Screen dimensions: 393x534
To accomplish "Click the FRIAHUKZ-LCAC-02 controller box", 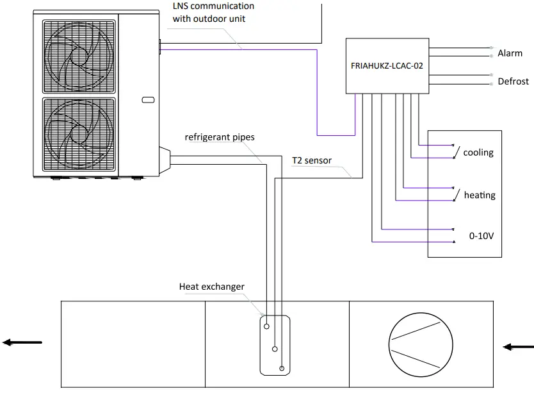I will coord(387,65).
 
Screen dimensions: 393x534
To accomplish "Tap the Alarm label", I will coord(510,54).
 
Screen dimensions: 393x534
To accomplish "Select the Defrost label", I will coord(513,81).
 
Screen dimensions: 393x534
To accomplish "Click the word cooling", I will coord(478,153).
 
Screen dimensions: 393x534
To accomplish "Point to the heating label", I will coord(480,195).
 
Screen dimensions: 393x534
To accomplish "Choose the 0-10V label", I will coord(481,236).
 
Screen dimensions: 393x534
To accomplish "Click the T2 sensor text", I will coord(312,160).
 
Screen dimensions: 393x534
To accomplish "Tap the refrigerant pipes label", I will coord(220,137).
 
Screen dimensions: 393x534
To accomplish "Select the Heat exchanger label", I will coord(211,287).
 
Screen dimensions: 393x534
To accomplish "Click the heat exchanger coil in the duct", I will coord(275,344).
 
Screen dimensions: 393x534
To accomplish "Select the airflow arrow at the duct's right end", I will coord(517,347).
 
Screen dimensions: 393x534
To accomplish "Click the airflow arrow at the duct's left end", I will coord(22,342).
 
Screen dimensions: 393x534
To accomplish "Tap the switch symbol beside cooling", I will coord(456,151).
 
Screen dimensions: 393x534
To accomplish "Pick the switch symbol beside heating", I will coord(456,194).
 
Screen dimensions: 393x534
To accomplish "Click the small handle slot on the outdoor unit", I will coord(147,99).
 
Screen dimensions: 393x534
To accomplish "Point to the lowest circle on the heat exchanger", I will coord(282,368).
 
